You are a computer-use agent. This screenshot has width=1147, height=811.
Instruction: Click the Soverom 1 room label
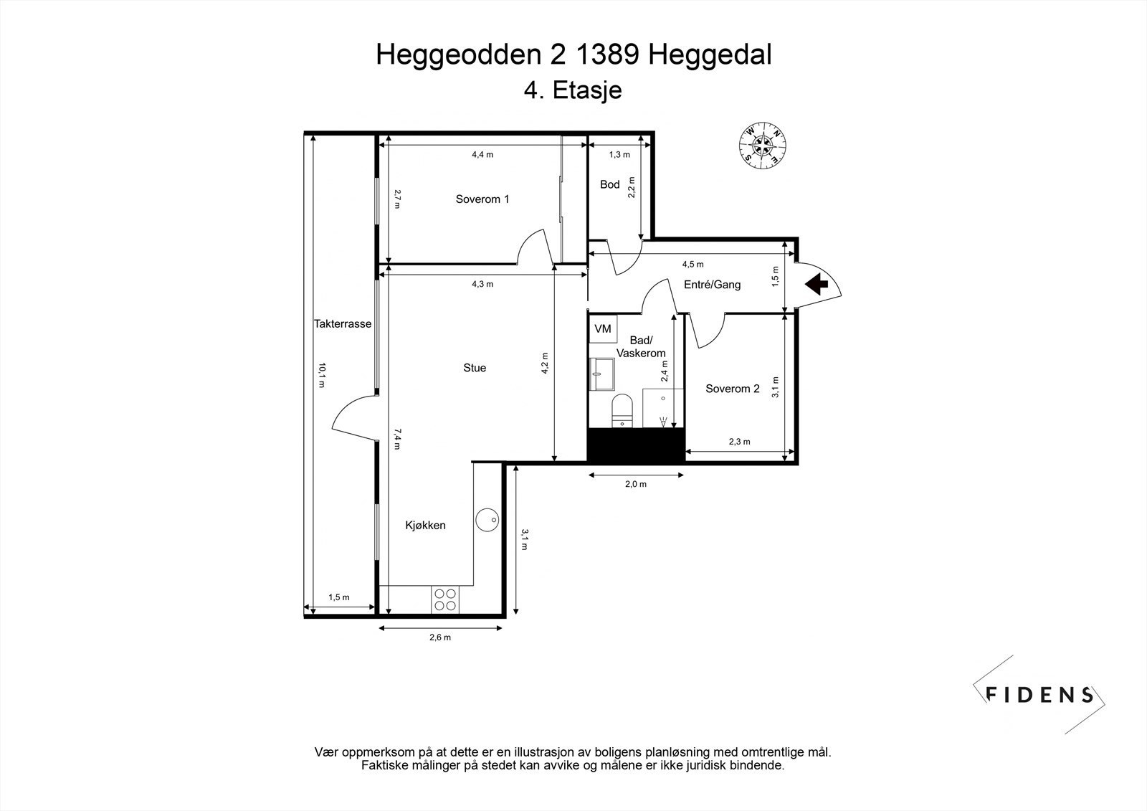(482, 199)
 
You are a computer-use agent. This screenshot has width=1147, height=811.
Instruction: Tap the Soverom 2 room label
(732, 389)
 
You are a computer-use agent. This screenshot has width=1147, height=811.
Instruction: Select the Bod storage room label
(609, 184)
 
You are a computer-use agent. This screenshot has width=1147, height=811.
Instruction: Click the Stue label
(474, 368)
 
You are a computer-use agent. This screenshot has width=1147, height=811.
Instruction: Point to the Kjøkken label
(425, 526)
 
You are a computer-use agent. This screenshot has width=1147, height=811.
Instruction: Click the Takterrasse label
(343, 323)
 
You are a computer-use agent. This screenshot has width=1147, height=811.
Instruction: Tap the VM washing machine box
(602, 328)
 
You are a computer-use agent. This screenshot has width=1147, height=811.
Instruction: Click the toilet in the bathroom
(622, 410)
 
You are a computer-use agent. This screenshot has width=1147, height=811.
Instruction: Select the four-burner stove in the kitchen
(444, 599)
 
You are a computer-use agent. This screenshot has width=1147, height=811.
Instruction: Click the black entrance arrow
(817, 284)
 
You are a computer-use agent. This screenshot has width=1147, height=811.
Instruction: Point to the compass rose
(762, 145)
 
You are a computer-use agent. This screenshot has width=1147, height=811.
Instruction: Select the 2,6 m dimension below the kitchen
(439, 637)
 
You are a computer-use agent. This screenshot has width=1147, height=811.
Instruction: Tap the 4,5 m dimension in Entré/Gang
(693, 264)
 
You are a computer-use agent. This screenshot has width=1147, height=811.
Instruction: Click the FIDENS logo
(1039, 694)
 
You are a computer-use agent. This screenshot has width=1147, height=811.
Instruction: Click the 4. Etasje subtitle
(573, 91)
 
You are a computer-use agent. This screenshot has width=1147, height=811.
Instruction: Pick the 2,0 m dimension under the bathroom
(635, 484)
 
